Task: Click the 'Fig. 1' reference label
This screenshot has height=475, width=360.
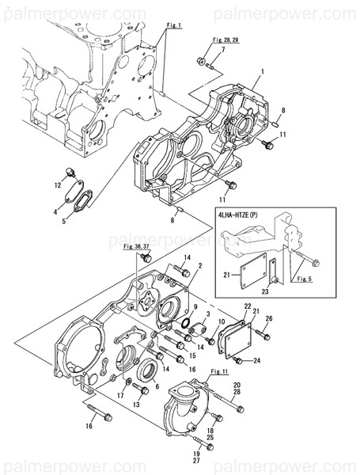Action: click(174, 25)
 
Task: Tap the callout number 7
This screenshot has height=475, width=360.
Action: click(222, 50)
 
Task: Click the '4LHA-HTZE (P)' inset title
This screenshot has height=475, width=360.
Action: click(244, 213)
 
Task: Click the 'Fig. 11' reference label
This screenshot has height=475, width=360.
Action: click(219, 371)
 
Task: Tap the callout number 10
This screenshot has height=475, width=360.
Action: click(222, 322)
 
